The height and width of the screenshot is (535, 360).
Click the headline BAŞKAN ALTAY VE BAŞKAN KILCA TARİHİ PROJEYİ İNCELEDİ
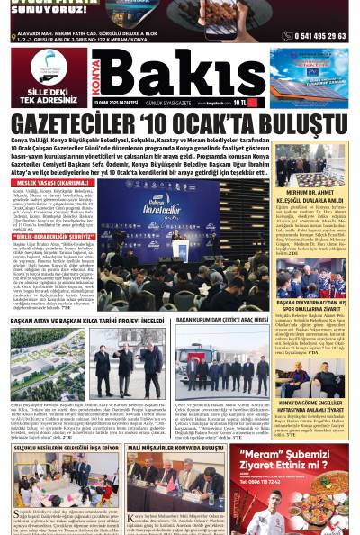pos(86,320)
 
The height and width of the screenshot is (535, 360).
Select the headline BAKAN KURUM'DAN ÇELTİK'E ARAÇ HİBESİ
pos(221,320)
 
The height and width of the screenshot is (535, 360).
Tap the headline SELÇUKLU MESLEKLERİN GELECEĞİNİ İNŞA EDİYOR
pos(63,448)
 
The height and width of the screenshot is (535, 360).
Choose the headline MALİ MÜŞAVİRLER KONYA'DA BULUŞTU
pos(175,448)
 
